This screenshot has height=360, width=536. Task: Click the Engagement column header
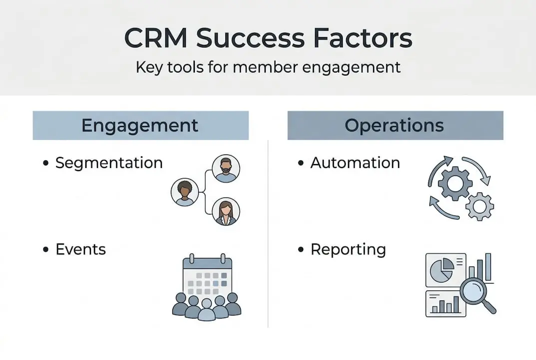(x=140, y=125)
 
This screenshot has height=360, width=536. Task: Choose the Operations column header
(x=395, y=125)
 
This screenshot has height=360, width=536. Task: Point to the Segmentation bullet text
(x=109, y=163)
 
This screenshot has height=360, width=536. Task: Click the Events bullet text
(x=80, y=249)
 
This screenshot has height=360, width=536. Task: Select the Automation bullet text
(x=355, y=163)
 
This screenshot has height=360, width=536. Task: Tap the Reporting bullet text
(x=348, y=249)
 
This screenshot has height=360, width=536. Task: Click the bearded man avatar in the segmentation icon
(x=226, y=168)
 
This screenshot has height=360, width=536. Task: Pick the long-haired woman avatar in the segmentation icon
(x=226, y=211)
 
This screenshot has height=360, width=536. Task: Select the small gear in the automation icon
(x=480, y=206)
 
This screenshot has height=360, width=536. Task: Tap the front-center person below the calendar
(x=207, y=310)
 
